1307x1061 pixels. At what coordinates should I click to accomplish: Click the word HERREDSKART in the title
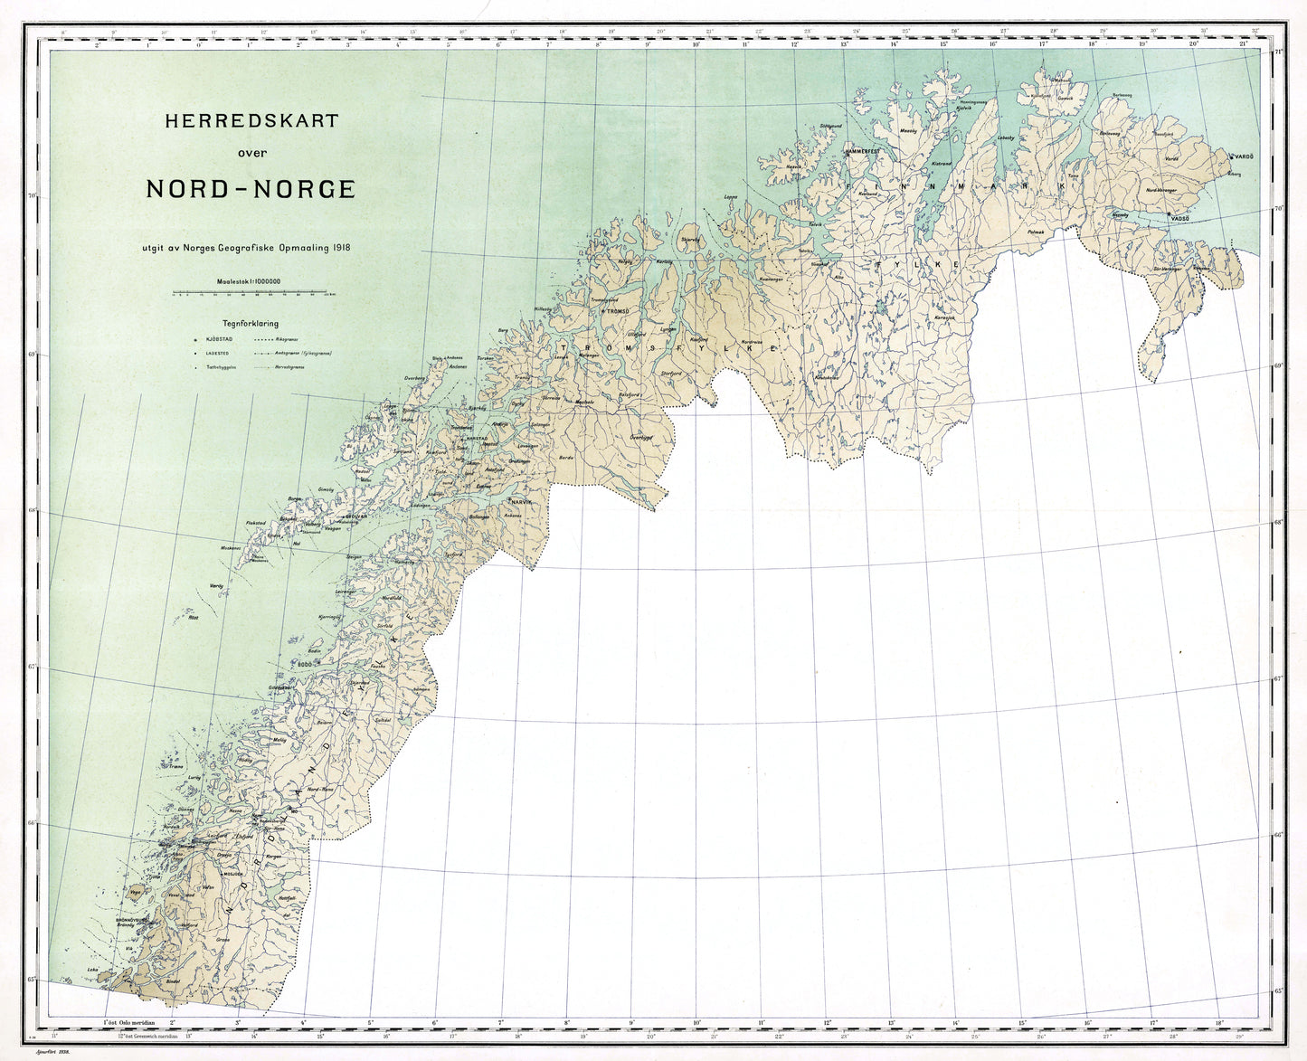click(250, 120)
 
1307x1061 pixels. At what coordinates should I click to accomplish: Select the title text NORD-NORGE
click(251, 190)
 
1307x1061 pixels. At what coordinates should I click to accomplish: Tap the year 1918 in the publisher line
click(341, 247)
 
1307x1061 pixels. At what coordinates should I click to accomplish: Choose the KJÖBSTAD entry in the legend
click(220, 338)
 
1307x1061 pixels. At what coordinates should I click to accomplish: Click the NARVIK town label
click(522, 501)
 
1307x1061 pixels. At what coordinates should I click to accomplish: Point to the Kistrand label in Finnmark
click(942, 164)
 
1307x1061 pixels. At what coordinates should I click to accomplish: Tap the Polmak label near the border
click(1036, 232)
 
